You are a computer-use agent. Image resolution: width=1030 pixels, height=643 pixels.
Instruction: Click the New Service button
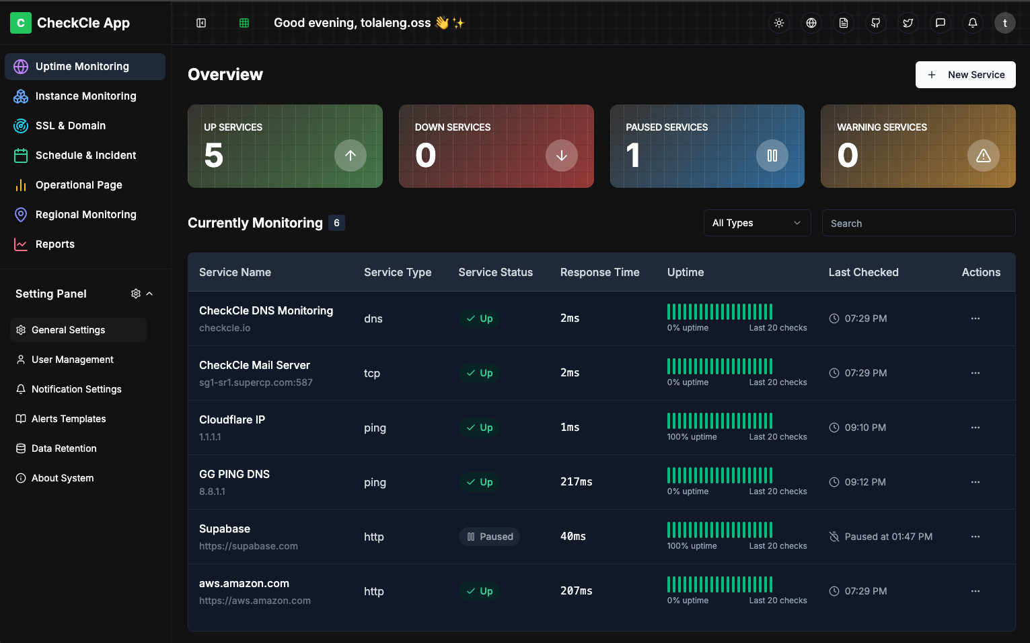(x=965, y=75)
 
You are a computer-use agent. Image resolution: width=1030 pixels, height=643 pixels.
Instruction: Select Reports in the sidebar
(x=55, y=244)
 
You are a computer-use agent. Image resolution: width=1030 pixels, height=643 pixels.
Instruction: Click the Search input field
(x=918, y=224)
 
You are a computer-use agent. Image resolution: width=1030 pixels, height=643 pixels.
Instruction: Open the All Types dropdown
(x=757, y=224)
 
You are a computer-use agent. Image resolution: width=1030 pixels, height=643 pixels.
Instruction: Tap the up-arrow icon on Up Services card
(x=351, y=156)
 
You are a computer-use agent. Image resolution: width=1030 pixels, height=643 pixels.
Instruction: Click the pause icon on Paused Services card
(x=772, y=156)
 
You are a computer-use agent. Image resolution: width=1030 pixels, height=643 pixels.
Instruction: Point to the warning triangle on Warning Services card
(x=983, y=156)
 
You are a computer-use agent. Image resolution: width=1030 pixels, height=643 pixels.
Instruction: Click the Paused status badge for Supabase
(x=490, y=537)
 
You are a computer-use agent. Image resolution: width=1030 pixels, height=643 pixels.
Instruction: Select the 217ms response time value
(x=577, y=482)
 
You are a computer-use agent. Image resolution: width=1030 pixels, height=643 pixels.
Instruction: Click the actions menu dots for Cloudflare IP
(x=976, y=428)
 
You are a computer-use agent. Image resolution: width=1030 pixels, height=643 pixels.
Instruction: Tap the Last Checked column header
(x=863, y=273)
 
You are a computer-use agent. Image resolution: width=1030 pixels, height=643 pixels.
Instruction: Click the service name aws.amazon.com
(x=244, y=584)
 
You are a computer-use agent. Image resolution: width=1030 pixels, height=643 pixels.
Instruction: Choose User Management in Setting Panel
(x=73, y=360)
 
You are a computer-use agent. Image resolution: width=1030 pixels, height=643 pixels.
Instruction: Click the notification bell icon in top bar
(x=973, y=23)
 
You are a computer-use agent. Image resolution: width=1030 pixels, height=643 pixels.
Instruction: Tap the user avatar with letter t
(x=1005, y=23)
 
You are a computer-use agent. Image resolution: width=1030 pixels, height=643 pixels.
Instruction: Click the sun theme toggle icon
(x=779, y=23)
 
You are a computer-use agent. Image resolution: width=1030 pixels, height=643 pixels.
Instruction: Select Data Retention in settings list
(x=64, y=448)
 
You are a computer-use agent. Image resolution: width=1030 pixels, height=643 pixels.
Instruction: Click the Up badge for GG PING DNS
(x=480, y=482)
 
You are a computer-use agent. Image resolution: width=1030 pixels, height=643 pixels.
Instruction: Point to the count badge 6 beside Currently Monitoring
(x=336, y=223)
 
